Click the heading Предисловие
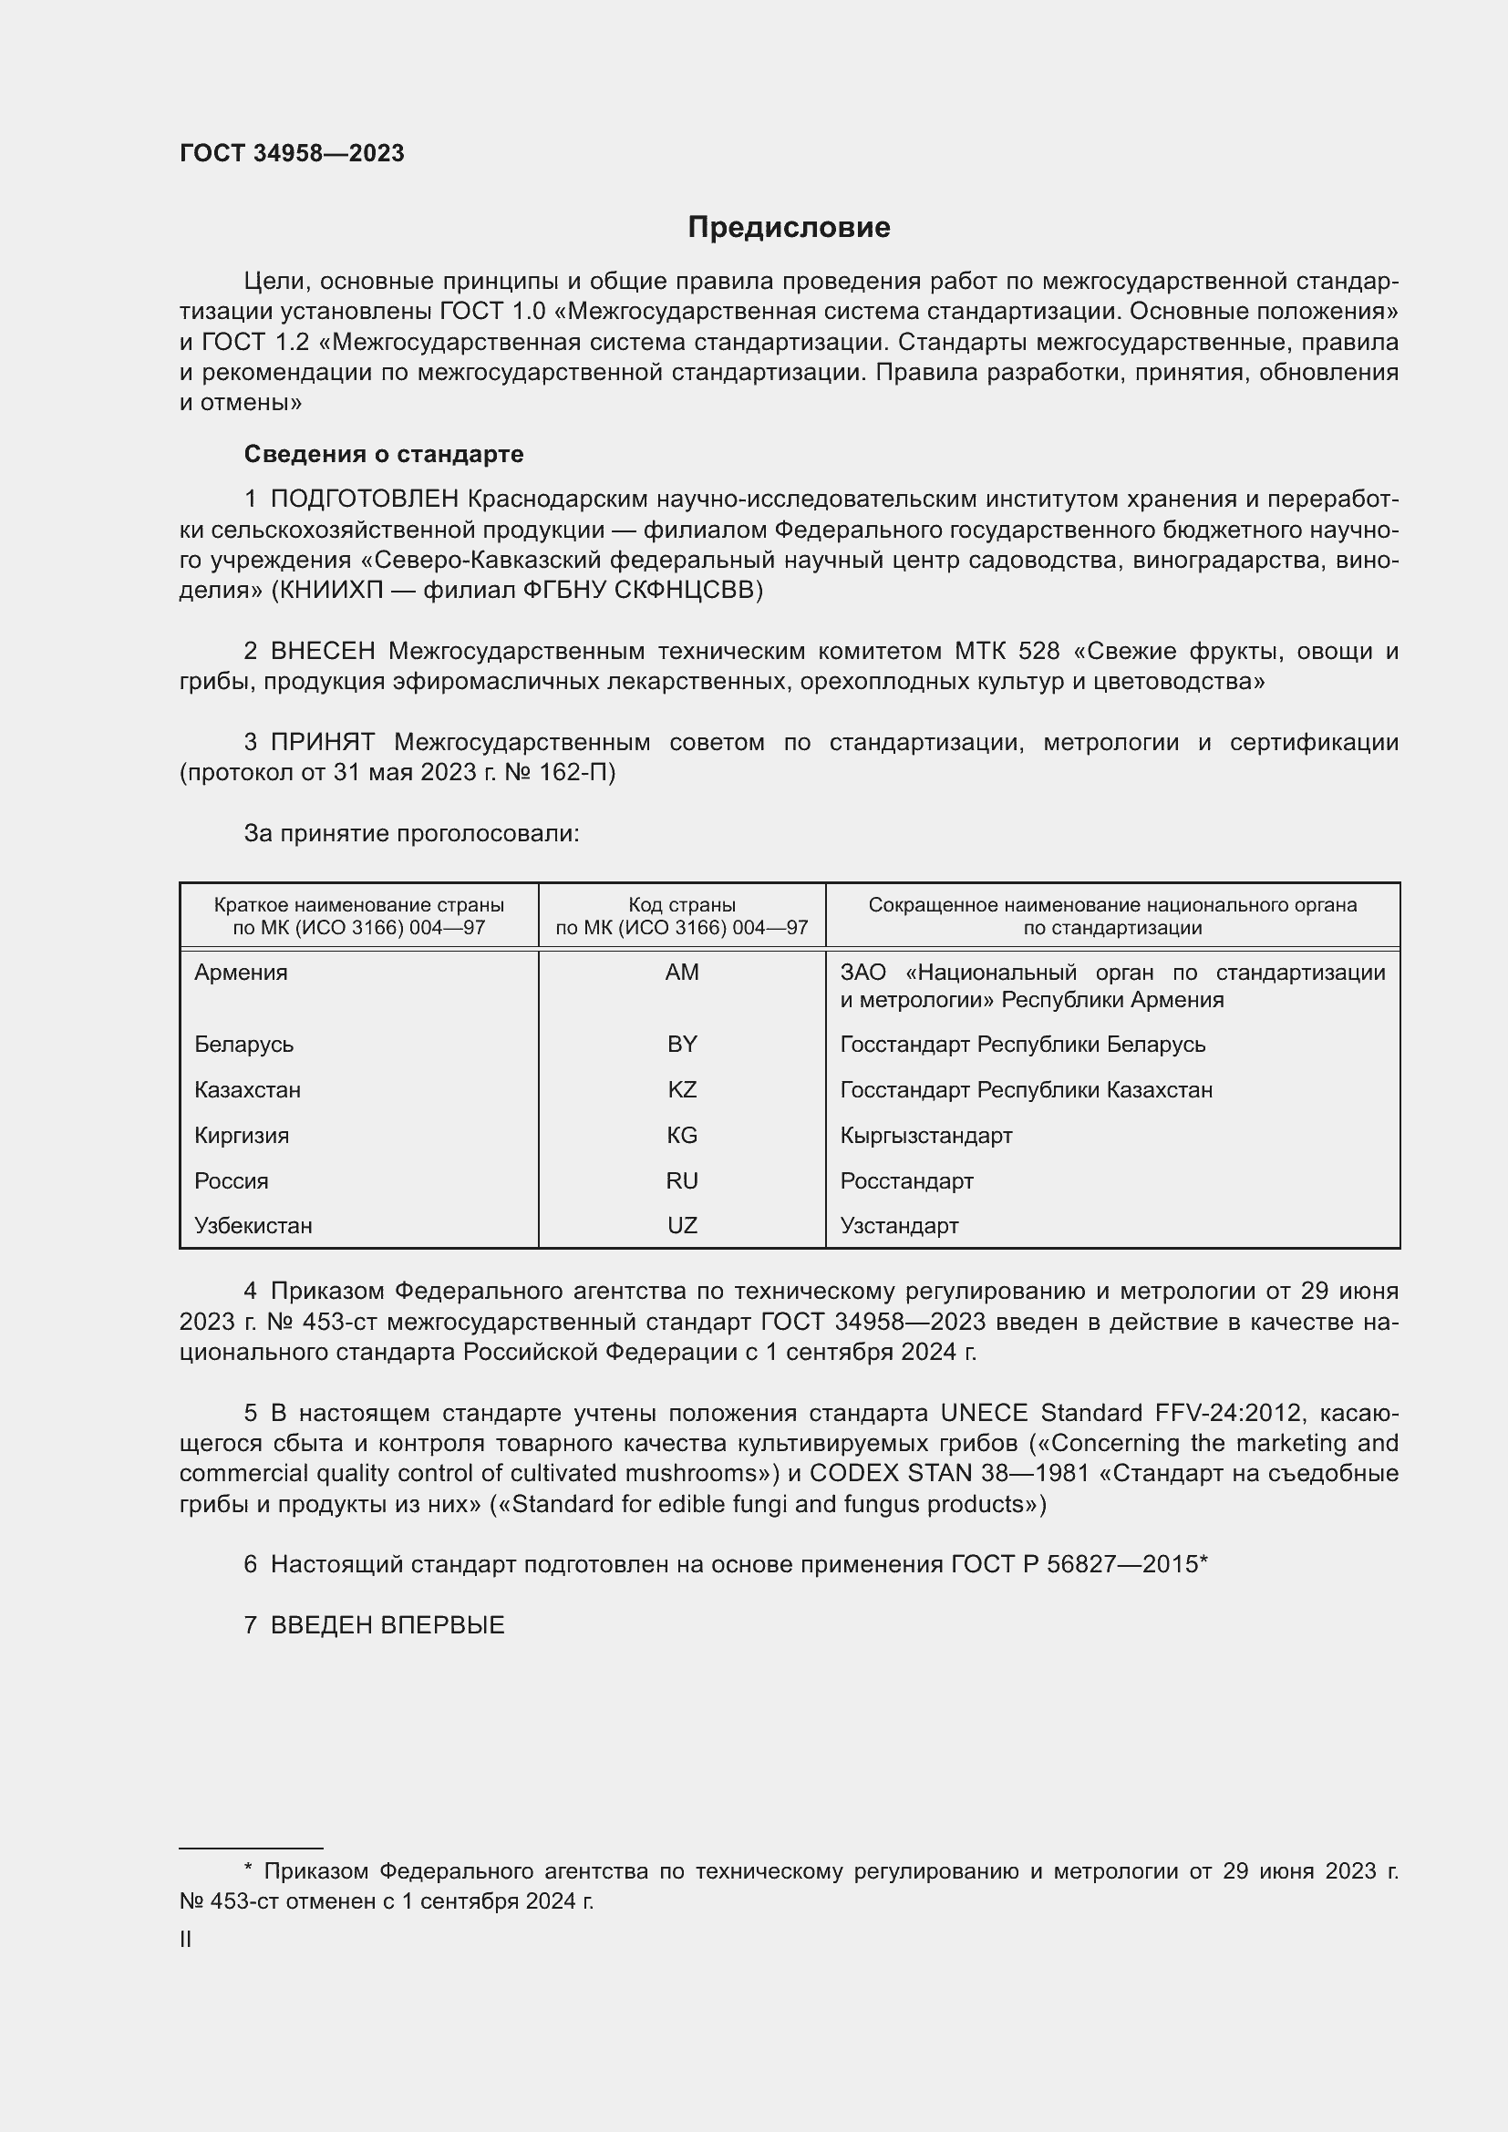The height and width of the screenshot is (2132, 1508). [x=789, y=228]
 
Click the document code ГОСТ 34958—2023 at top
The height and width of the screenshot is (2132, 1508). [x=292, y=154]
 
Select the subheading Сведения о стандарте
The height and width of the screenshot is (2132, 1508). [x=384, y=454]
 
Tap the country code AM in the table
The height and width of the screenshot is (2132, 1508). [x=682, y=973]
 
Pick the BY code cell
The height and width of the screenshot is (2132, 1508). [x=682, y=1044]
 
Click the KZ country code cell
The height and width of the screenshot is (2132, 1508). [x=682, y=1089]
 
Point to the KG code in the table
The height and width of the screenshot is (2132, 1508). [x=682, y=1135]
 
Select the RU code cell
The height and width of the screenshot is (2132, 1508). [x=682, y=1180]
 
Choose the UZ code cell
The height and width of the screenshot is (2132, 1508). [x=682, y=1225]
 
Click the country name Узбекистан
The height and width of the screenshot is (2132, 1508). [x=253, y=1225]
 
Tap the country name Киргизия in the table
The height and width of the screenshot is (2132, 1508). [x=242, y=1135]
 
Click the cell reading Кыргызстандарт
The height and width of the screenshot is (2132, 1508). [x=925, y=1135]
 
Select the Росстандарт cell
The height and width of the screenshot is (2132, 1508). [x=906, y=1180]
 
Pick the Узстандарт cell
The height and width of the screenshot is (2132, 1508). [x=899, y=1225]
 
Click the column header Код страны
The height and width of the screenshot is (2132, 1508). [x=682, y=904]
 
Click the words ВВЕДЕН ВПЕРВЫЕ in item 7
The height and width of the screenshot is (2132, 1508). [x=387, y=1625]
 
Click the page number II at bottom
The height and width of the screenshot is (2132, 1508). [x=186, y=1939]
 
